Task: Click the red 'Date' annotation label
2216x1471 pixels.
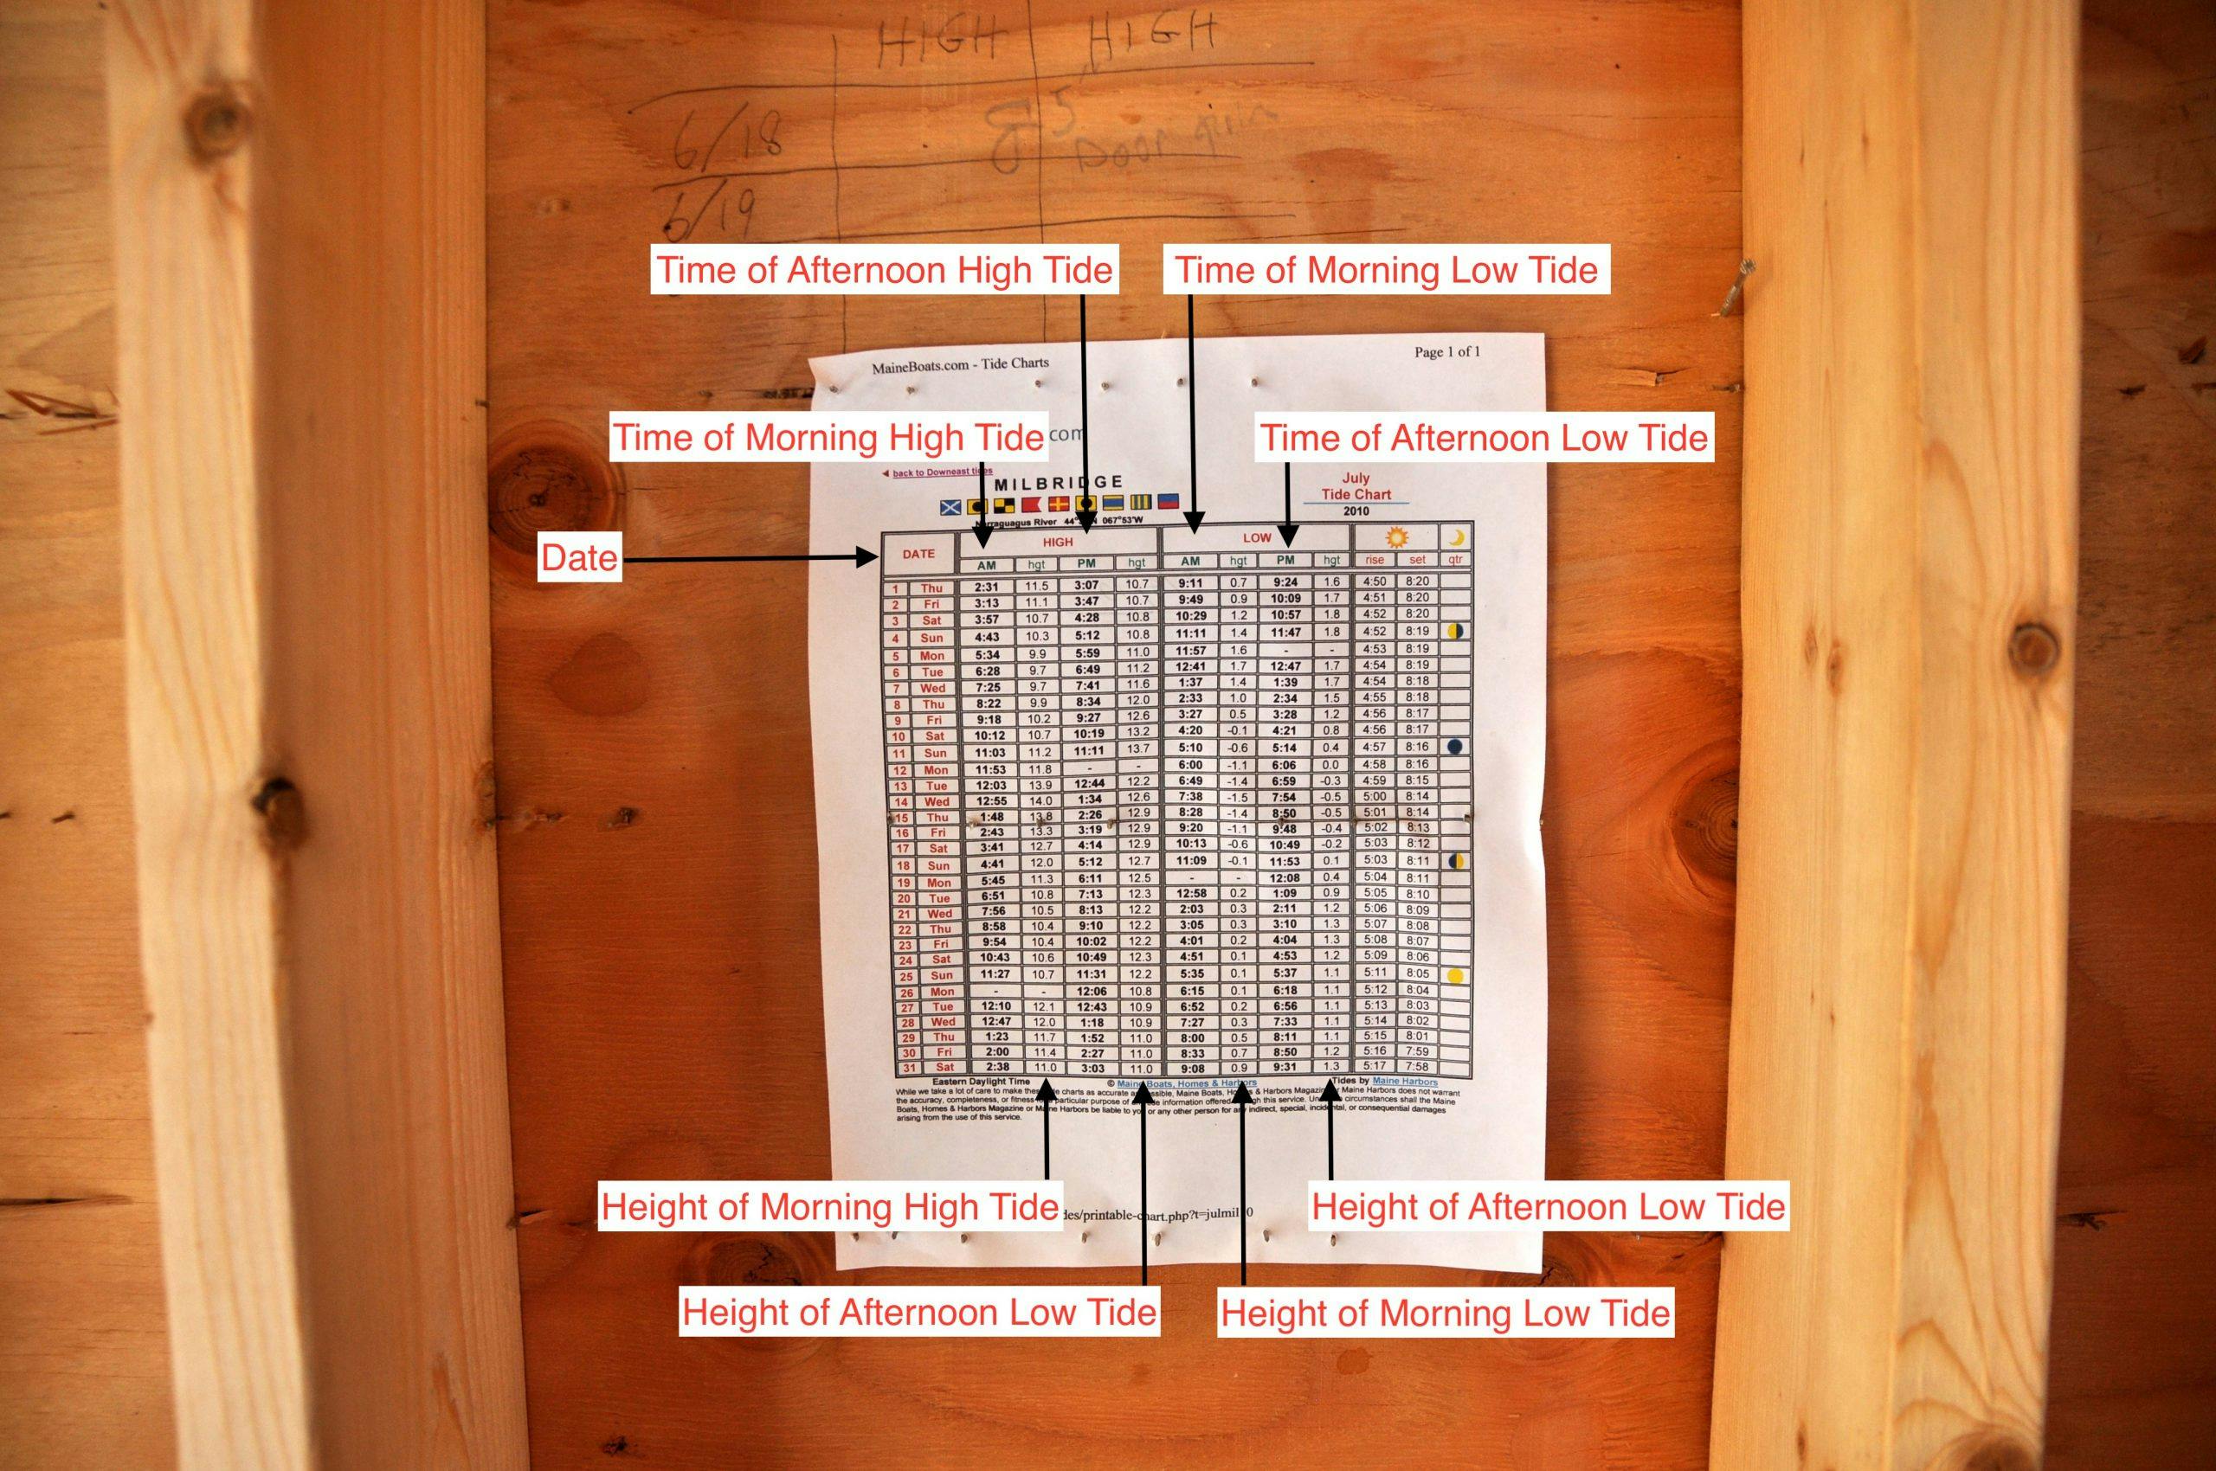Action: click(579, 559)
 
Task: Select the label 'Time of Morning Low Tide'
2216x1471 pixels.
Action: click(1386, 270)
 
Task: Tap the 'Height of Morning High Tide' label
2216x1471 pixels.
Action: click(830, 1206)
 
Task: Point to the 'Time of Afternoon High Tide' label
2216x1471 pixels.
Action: click(884, 270)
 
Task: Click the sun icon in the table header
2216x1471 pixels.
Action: click(1396, 537)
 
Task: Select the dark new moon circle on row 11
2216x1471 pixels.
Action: click(1455, 747)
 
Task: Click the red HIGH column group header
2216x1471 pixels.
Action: click(1058, 543)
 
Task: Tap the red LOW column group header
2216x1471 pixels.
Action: click(1257, 537)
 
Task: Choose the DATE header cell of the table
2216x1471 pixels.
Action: click(918, 555)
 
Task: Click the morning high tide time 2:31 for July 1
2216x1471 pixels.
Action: click(986, 587)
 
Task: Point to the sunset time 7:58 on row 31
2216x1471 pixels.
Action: click(1417, 1067)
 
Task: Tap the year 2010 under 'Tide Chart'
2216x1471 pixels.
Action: click(1356, 511)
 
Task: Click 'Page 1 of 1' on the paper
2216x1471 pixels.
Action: click(1446, 353)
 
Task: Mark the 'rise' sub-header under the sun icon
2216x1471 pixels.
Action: click(1374, 560)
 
